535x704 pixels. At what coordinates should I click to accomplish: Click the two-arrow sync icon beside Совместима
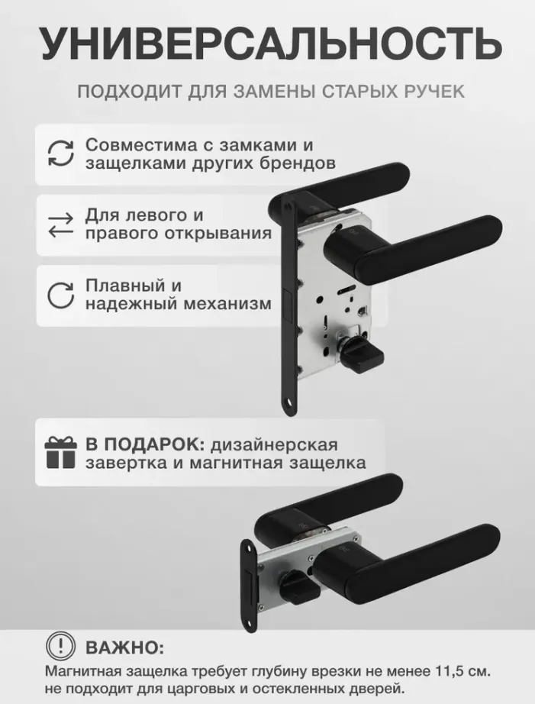coord(61,153)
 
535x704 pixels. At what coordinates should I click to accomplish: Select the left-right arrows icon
coord(60,225)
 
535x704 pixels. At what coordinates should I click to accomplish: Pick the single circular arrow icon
coord(60,295)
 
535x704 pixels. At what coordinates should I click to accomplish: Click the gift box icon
coord(60,453)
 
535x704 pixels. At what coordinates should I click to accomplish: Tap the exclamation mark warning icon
coord(60,647)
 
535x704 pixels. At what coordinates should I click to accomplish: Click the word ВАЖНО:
coord(124,647)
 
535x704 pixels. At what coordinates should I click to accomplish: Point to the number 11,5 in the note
coord(450,672)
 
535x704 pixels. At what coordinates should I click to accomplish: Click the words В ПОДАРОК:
coord(146,444)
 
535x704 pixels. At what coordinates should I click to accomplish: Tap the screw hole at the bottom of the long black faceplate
coord(290,405)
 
